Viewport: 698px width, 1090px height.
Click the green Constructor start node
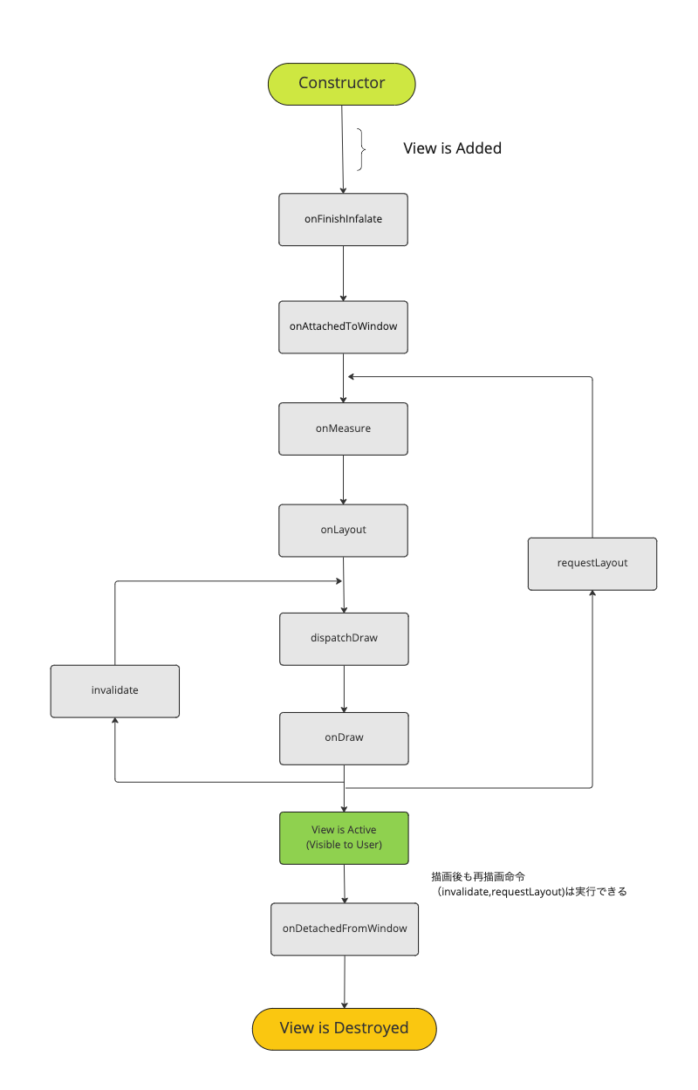341,84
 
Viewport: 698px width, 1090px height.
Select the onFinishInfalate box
343,219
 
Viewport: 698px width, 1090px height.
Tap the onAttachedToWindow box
343,326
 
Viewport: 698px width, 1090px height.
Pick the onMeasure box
343,428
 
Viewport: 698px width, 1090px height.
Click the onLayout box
343,530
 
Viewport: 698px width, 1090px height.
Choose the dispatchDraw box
344,638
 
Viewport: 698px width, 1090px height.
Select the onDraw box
344,737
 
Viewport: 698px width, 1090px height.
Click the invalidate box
114,690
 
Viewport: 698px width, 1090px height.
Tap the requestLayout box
592,564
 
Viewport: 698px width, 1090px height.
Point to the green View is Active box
344,838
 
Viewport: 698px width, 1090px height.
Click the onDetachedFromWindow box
344,929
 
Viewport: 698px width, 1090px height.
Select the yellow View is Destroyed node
344,1028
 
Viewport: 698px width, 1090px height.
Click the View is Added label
452,148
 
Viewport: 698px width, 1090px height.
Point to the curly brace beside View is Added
360,149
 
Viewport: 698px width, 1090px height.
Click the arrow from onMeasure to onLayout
343,479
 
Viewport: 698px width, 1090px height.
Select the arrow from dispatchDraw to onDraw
344,689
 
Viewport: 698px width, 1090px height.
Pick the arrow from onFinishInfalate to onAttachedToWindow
343,273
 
